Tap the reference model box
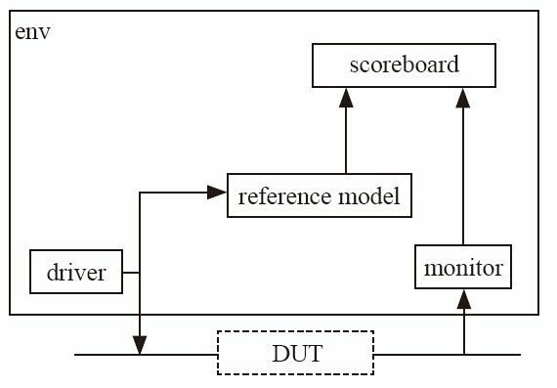tap(318, 196)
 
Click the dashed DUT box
tap(294, 353)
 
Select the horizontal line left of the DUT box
tap(176, 354)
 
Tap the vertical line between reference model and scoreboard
tap(346, 142)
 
